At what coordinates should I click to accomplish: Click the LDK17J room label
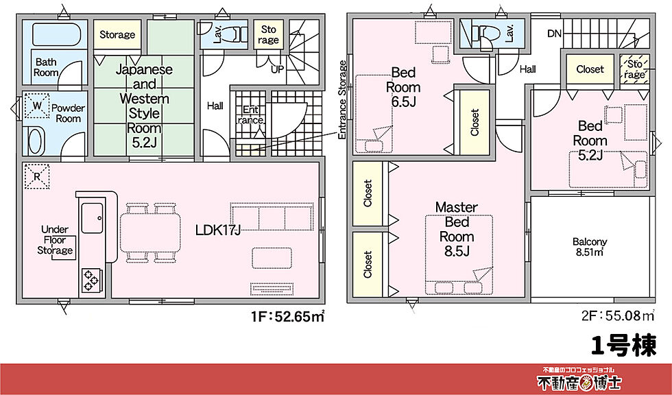[x=217, y=230]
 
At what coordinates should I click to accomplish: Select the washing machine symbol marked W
[x=36, y=105]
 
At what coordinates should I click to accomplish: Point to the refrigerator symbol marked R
[x=36, y=176]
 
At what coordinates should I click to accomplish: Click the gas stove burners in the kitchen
[x=91, y=280]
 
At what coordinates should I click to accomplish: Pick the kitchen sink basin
[x=92, y=218]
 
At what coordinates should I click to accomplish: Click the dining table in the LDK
[x=150, y=232]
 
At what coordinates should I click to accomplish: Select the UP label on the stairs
[x=277, y=69]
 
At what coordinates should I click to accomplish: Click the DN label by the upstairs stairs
[x=554, y=34]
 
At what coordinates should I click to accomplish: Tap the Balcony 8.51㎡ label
[x=590, y=247]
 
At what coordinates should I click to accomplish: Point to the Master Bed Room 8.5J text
[x=457, y=229]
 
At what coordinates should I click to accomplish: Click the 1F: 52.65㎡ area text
[x=287, y=317]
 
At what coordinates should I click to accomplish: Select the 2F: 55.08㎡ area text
[x=618, y=316]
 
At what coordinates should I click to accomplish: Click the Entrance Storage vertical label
[x=342, y=100]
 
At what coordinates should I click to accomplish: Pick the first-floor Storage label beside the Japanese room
[x=117, y=34]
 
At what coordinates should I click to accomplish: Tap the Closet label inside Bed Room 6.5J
[x=475, y=122]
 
